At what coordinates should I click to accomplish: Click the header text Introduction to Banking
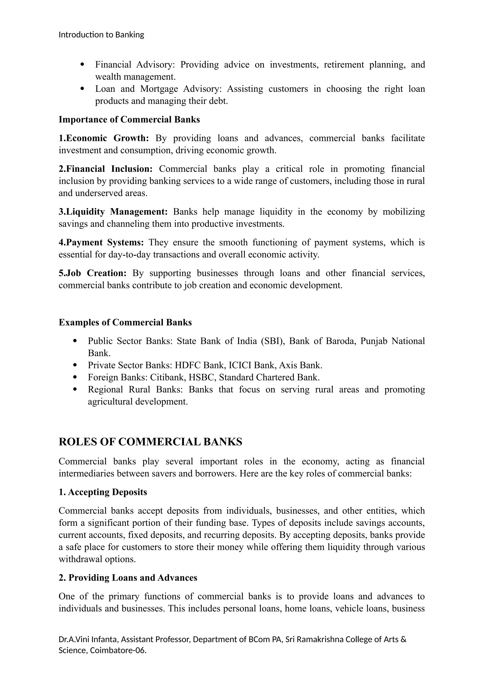click(101, 35)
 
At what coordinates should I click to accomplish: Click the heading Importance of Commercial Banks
click(129, 120)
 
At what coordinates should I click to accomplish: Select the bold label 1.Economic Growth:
click(104, 138)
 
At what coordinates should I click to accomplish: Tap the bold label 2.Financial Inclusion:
click(105, 169)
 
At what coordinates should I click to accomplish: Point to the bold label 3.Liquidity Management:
click(113, 212)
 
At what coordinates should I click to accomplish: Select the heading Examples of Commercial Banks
click(125, 322)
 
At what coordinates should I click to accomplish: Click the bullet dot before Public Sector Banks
click(75, 341)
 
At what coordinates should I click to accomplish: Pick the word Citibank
click(168, 377)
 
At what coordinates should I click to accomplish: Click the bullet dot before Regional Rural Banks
click(75, 389)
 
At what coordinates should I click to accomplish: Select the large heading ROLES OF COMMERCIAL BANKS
click(150, 442)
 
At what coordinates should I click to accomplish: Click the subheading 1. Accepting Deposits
click(103, 492)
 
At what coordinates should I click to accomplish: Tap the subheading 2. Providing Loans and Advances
click(128, 578)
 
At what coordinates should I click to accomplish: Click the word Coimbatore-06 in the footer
click(118, 650)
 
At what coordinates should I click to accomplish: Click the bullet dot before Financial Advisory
click(82, 64)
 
